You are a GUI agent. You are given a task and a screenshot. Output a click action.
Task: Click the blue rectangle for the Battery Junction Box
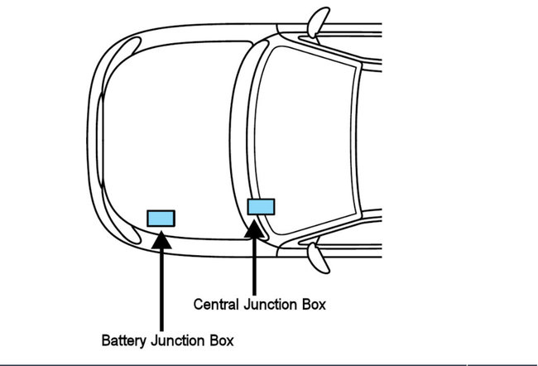(161, 218)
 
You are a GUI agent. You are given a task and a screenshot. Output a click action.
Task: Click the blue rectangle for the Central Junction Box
(262, 206)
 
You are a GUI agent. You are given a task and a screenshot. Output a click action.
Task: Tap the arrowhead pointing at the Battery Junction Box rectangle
(161, 239)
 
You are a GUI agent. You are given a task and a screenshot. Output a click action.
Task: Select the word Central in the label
(217, 304)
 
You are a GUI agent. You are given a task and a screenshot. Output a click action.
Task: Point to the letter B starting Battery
(106, 340)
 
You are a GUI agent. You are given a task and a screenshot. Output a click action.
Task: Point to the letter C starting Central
(198, 304)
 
